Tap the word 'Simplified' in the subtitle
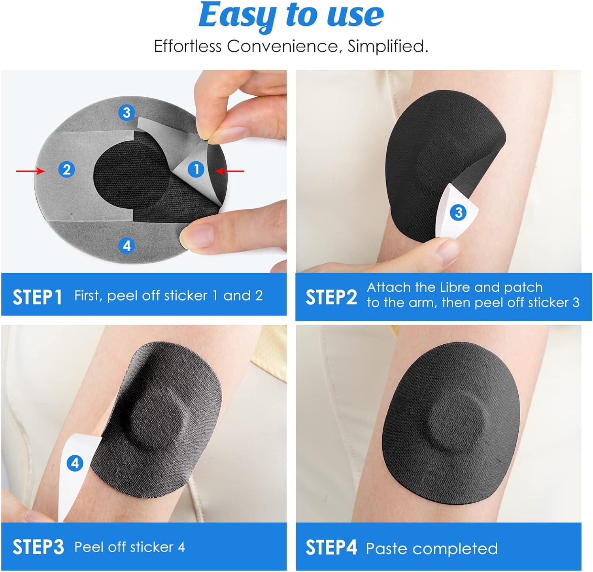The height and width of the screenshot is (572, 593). [x=387, y=46]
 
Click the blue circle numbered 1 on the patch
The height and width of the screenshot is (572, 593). [x=196, y=170]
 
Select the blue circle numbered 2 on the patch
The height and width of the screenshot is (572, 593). [x=66, y=170]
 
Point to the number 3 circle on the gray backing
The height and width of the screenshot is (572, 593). [x=127, y=113]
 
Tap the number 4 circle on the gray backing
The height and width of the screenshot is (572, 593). [x=127, y=246]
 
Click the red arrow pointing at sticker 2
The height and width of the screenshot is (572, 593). [x=30, y=171]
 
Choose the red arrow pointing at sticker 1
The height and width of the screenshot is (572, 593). [x=230, y=171]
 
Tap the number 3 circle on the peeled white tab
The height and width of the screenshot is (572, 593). [x=459, y=213]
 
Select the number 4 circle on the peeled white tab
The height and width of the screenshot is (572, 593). [x=75, y=463]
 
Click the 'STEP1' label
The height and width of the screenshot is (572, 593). [x=37, y=297]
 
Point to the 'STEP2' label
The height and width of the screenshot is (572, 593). [x=331, y=297]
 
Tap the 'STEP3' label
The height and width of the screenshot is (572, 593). [x=38, y=547]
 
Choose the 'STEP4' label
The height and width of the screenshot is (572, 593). [x=331, y=548]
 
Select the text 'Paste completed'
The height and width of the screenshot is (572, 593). [x=432, y=549]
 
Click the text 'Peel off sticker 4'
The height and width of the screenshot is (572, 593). [x=130, y=547]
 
